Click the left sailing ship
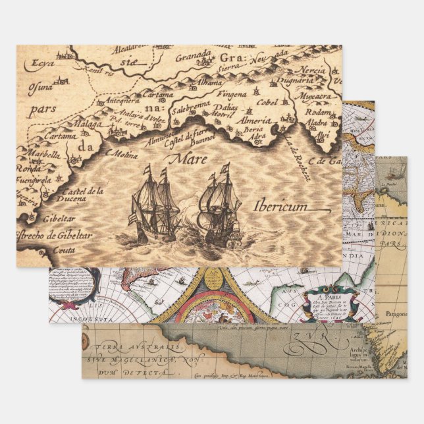point(155,205)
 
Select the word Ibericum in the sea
point(280,206)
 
